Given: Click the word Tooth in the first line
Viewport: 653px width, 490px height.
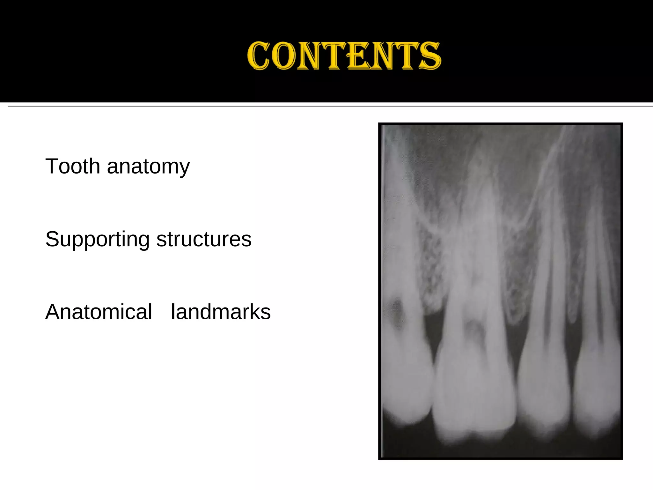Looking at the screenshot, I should pyautogui.click(x=73, y=166).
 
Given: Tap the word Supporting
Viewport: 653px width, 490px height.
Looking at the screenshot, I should pyautogui.click(x=97, y=240).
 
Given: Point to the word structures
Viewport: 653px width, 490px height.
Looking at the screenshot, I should pyautogui.click(x=204, y=239).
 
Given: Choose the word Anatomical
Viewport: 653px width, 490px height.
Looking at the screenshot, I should pyautogui.click(x=99, y=312).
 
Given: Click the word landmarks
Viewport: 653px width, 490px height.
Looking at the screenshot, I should pyautogui.click(x=221, y=312).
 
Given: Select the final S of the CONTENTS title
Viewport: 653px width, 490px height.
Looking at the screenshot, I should pyautogui.click(x=430, y=56).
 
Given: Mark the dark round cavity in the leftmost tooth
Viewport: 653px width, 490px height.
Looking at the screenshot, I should pyautogui.click(x=397, y=314).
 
